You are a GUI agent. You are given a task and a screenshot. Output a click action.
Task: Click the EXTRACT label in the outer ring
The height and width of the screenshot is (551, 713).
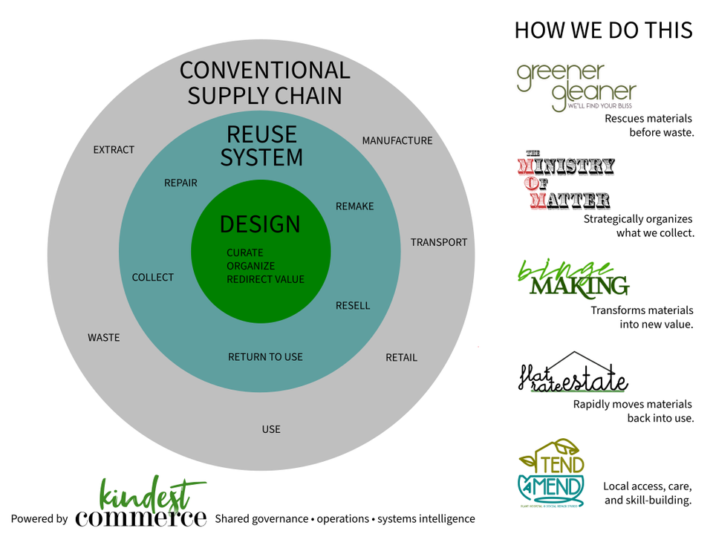click(x=114, y=150)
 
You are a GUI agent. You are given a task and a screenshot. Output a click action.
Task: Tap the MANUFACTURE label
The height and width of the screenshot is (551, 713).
click(x=397, y=141)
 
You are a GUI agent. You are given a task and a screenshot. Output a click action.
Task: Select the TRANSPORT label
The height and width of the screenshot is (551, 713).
click(x=439, y=243)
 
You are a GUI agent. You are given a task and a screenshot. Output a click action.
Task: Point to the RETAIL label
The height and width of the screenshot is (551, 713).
click(x=401, y=358)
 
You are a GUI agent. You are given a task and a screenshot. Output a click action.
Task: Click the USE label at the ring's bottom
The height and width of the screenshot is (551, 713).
click(x=271, y=429)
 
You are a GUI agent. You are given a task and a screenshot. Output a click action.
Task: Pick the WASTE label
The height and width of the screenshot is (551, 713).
click(x=104, y=338)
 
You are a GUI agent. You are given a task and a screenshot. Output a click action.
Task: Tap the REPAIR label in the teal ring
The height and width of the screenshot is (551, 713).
click(x=180, y=183)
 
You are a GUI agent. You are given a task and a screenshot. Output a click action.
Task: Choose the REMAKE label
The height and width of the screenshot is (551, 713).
click(x=355, y=206)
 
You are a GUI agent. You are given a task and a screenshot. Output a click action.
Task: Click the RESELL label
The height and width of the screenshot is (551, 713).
click(x=353, y=306)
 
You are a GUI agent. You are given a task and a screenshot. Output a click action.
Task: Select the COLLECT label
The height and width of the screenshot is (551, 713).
click(x=153, y=278)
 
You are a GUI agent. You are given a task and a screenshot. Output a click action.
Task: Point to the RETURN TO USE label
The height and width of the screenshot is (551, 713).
click(x=265, y=357)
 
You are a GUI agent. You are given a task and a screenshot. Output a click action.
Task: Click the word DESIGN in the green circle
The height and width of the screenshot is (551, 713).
click(x=260, y=224)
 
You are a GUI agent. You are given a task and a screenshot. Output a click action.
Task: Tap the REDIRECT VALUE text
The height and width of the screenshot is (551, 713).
click(x=266, y=280)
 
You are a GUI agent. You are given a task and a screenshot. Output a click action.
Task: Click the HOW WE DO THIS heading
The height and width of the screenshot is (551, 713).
click(x=603, y=30)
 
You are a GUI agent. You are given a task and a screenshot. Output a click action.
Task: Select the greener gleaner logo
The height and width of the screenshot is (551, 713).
click(x=577, y=88)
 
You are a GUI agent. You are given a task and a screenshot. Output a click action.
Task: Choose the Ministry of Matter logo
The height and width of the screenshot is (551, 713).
click(x=566, y=183)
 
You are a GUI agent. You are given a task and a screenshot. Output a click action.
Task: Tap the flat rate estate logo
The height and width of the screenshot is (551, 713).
click(x=573, y=374)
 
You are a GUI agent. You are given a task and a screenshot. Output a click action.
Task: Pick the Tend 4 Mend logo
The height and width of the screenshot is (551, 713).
click(x=552, y=473)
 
